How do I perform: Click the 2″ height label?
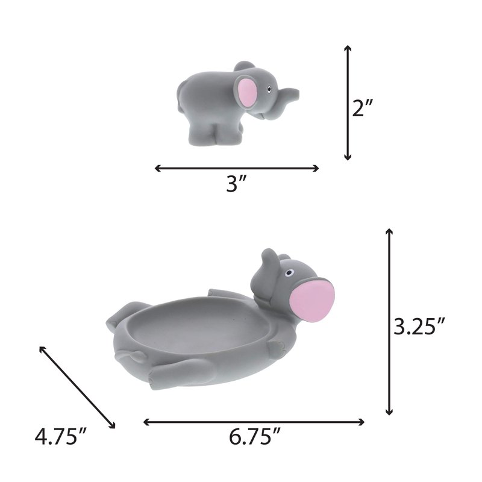(363, 108)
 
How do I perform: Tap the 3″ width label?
(236, 184)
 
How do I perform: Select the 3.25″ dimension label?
(419, 326)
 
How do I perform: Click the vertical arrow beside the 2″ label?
(348, 102)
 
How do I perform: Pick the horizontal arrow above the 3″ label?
(237, 168)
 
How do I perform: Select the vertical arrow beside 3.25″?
(389, 322)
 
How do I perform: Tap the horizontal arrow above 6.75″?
(254, 422)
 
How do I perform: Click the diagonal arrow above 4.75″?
(78, 387)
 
